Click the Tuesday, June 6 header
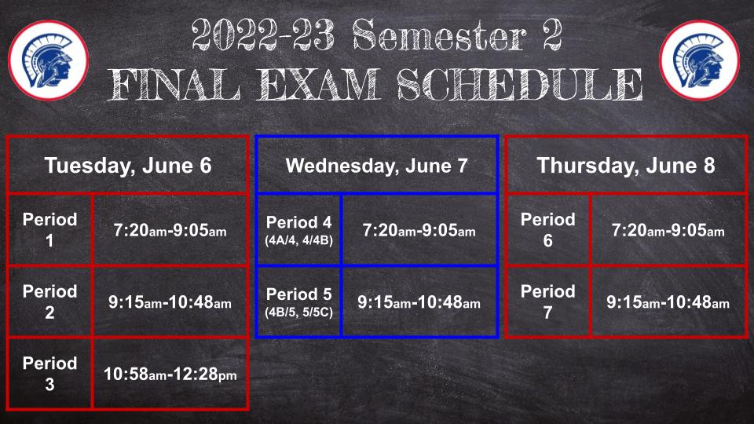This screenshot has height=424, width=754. (x=128, y=166)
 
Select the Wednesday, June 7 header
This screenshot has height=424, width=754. (x=376, y=166)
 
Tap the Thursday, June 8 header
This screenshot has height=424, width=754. (x=626, y=166)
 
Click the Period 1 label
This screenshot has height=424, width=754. (x=49, y=230)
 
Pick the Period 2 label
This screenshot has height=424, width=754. (x=49, y=302)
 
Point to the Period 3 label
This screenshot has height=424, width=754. (x=49, y=374)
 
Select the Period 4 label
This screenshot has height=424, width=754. (x=298, y=222)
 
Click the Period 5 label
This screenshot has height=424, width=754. (x=298, y=294)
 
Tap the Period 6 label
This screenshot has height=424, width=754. (x=547, y=230)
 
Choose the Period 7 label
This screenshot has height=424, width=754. (x=547, y=302)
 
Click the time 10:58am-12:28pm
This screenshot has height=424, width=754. (x=170, y=374)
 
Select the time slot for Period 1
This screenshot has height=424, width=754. (x=170, y=230)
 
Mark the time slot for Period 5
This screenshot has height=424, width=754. (x=419, y=302)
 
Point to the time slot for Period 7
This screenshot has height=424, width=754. (x=668, y=302)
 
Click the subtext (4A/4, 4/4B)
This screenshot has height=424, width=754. (x=298, y=240)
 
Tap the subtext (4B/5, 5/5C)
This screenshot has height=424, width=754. (x=298, y=312)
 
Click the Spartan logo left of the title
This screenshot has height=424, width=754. (x=48, y=60)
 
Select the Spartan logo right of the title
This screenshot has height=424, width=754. (x=699, y=60)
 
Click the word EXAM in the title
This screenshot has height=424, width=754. (x=318, y=84)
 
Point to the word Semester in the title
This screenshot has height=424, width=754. (x=440, y=35)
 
